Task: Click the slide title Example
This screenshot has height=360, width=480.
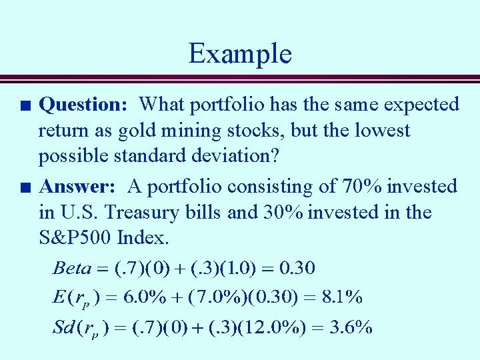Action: (240, 53)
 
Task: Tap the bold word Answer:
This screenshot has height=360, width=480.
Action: (82, 187)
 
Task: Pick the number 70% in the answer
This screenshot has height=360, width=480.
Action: (361, 187)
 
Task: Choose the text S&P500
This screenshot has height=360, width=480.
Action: (74, 238)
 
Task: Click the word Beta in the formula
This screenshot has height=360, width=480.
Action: (71, 269)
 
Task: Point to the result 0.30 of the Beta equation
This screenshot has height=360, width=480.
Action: (297, 269)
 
